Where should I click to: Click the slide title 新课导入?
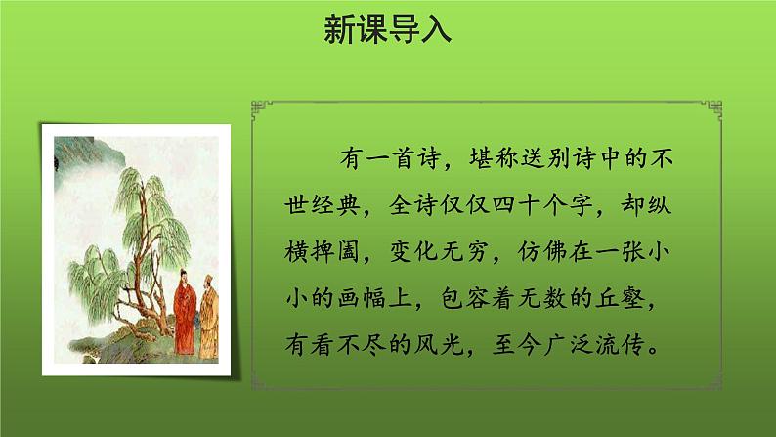(x=387, y=30)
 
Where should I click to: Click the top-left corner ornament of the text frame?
(x=259, y=105)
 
